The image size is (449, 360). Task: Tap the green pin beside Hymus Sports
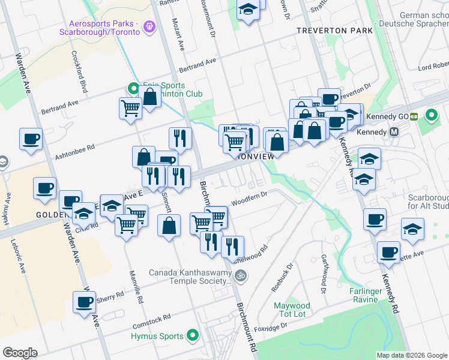pyautogui.click(x=193, y=336)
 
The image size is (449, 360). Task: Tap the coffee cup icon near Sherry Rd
pyautogui.click(x=85, y=302)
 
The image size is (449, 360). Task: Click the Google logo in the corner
pyautogui.click(x=20, y=353)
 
